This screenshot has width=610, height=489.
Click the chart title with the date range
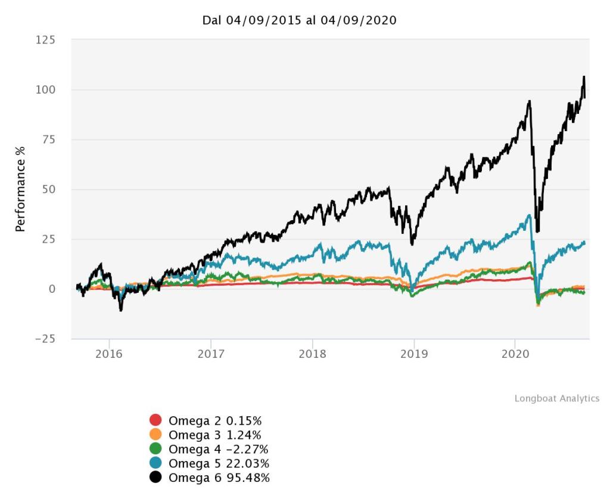pyautogui.click(x=299, y=20)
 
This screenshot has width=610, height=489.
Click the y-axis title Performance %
pyautogui.click(x=20, y=189)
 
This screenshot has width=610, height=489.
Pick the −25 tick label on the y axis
pyautogui.click(x=44, y=339)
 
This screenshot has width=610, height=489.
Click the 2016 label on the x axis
pyautogui.click(x=109, y=353)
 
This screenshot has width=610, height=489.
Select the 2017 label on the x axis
pyautogui.click(x=211, y=353)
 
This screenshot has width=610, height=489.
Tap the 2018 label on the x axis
pyautogui.click(x=312, y=353)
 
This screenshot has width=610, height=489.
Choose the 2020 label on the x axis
pyautogui.click(x=515, y=353)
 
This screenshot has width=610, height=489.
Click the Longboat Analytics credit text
pyautogui.click(x=557, y=398)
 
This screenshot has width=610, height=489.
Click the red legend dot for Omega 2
pyautogui.click(x=155, y=420)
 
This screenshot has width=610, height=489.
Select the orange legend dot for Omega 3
pyautogui.click(x=155, y=434)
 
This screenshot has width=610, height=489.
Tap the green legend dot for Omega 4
pyautogui.click(x=155, y=448)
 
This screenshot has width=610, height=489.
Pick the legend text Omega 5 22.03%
pyautogui.click(x=219, y=463)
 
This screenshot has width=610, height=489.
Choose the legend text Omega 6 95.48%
pyautogui.click(x=219, y=478)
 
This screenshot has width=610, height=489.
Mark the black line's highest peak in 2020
pyautogui.click(x=584, y=77)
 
